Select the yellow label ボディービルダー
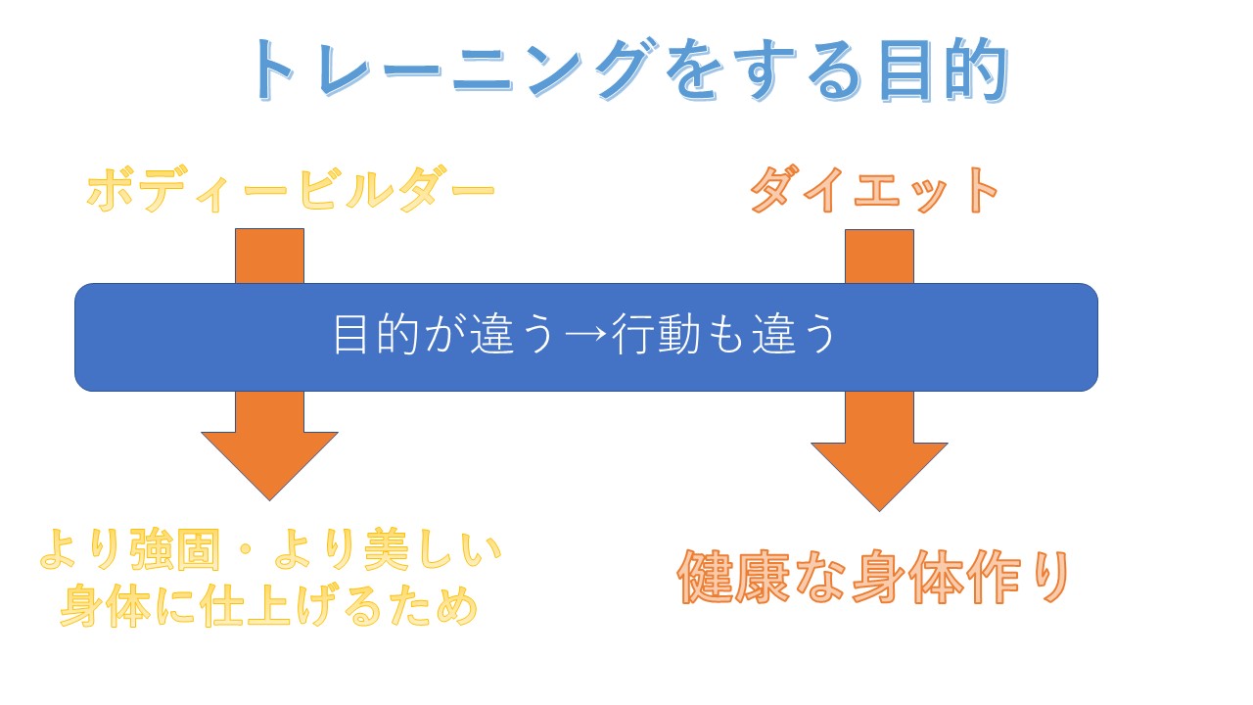[x=291, y=190]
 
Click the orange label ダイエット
[x=873, y=190]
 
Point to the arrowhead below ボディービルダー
[x=269, y=460]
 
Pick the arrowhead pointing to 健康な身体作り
[x=879, y=471]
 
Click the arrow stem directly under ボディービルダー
[x=269, y=256]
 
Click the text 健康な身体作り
[x=872, y=578]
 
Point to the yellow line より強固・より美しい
[x=270, y=554]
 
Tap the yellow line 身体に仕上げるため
[x=268, y=605]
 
